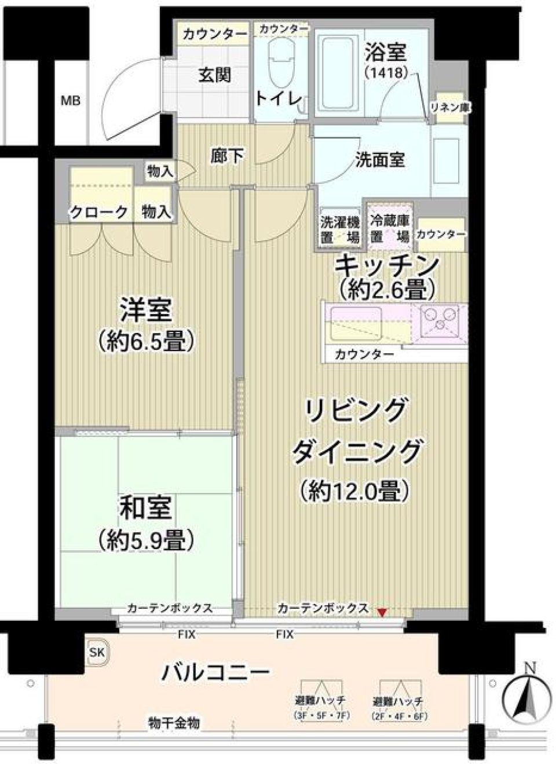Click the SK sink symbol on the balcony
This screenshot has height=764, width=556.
[x=97, y=652]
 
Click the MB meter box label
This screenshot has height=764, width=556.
[x=71, y=101]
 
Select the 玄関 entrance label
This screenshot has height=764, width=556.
[x=215, y=75]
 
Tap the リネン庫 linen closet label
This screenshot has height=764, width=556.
[x=450, y=108]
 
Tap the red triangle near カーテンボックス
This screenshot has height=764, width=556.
[x=382, y=612]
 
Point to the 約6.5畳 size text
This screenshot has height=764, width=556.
[x=145, y=342]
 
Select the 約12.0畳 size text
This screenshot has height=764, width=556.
[x=355, y=491]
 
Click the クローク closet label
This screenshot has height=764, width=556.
[x=98, y=213]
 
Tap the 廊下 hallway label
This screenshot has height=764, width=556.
[x=226, y=155]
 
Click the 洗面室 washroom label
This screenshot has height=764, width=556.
[x=379, y=160]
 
